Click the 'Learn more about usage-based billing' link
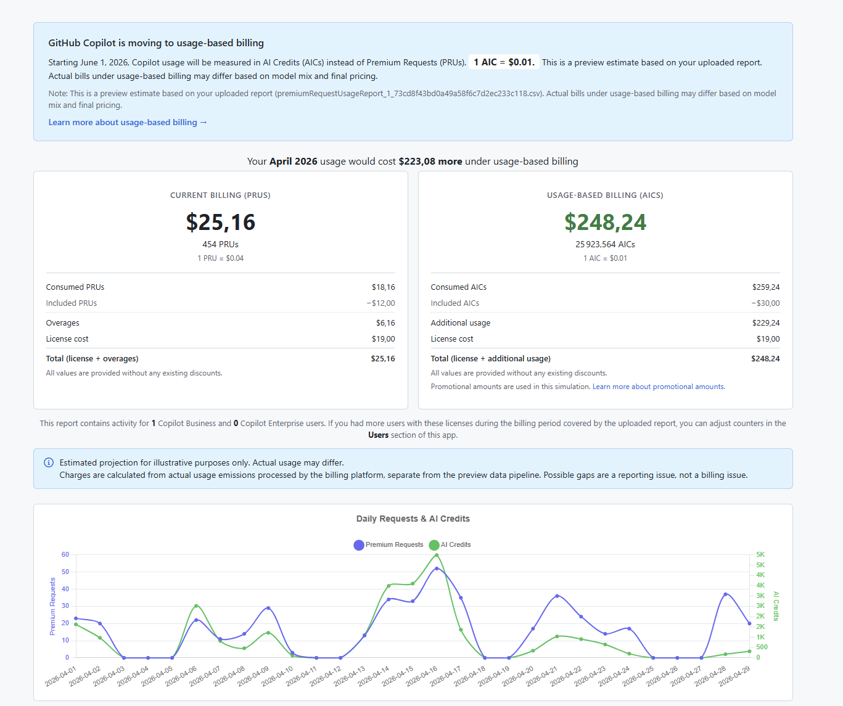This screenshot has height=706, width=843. pyautogui.click(x=128, y=122)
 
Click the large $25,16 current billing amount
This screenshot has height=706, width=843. pyautogui.click(x=220, y=222)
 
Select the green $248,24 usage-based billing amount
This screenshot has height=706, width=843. pyautogui.click(x=605, y=222)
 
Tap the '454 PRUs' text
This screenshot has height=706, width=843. pyautogui.click(x=220, y=244)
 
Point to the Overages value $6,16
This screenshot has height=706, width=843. pyautogui.click(x=385, y=323)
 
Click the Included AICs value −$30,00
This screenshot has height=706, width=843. pyautogui.click(x=765, y=303)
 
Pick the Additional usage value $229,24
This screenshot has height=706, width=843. pyautogui.click(x=766, y=323)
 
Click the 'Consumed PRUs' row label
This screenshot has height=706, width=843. pyautogui.click(x=75, y=287)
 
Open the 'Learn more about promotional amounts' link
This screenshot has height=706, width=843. pyautogui.click(x=659, y=387)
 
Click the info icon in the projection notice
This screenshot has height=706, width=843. pyautogui.click(x=49, y=462)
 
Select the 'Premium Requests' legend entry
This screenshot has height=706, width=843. pyautogui.click(x=389, y=545)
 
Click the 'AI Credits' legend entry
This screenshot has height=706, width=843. pyautogui.click(x=450, y=545)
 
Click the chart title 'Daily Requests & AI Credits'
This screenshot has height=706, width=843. pyautogui.click(x=413, y=519)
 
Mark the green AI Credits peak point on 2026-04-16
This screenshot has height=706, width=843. pyautogui.click(x=437, y=556)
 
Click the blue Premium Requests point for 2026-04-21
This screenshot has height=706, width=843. pyautogui.click(x=557, y=596)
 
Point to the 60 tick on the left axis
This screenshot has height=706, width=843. pyautogui.click(x=65, y=555)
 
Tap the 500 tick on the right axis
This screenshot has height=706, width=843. pyautogui.click(x=762, y=647)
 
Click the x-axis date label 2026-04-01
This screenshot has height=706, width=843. pyautogui.click(x=60, y=676)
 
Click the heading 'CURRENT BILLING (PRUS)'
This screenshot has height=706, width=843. pyautogui.click(x=220, y=195)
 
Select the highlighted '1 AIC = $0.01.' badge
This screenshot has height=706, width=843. pyautogui.click(x=504, y=62)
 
